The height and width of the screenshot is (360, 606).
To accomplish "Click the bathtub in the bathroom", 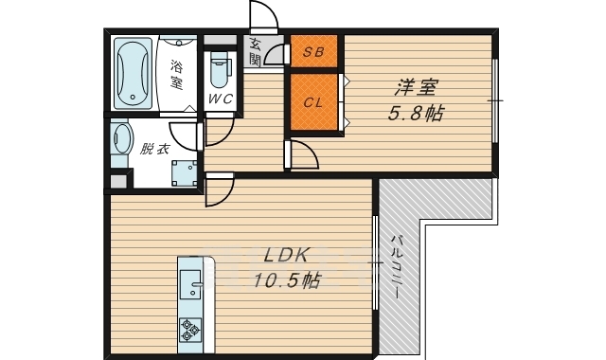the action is tap(133, 73).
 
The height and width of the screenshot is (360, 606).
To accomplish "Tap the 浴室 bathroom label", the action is tap(177, 75).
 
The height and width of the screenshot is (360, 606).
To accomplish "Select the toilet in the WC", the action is tap(219, 69).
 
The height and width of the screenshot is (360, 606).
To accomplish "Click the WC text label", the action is tap(221, 99).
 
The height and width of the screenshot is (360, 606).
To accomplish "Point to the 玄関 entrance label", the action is tap(255, 51).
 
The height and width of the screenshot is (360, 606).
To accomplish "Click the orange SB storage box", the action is tap(313, 51).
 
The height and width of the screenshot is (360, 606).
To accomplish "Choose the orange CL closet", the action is tap(313, 102).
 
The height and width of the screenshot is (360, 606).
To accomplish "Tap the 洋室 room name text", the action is tap(416, 87).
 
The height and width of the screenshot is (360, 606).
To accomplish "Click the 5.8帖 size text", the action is tap(416, 114).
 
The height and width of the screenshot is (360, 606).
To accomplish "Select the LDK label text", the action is tap(286, 256).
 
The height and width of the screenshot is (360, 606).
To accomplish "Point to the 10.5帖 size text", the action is tap(287, 280).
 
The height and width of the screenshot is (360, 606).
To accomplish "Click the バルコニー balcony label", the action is tap(397, 267).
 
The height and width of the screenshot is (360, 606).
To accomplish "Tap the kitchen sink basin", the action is tap(190, 284).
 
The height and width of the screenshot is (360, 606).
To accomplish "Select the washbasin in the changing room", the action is tap(120, 139).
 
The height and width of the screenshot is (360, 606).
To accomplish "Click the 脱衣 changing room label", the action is tap(154, 149).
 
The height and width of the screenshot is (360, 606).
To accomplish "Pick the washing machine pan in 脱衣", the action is tap(185, 172).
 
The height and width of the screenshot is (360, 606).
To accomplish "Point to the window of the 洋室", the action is tap(495, 100).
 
